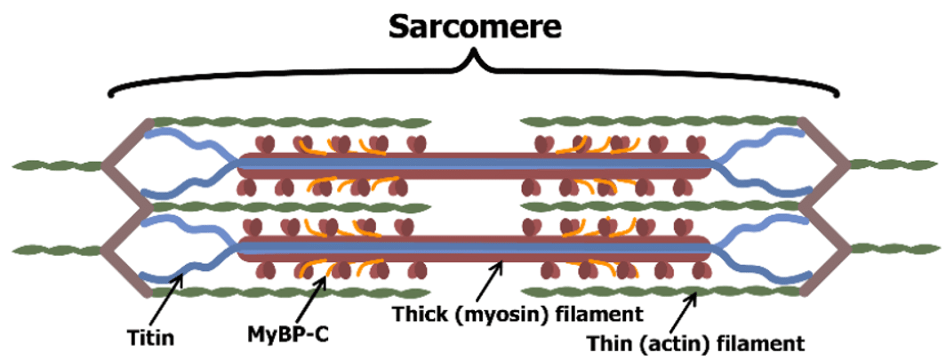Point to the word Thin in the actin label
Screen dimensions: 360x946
pos(611,342)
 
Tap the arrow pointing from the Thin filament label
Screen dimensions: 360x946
pos(685,310)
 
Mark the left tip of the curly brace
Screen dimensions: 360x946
pos(109,93)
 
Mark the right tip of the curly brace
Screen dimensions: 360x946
pos(838,93)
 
